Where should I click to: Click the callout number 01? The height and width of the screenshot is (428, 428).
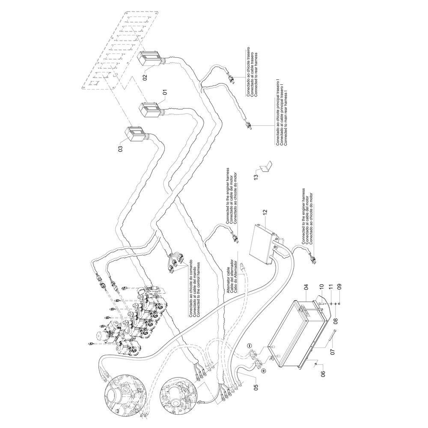point(165,92)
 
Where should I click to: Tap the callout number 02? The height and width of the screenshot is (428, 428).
point(145,77)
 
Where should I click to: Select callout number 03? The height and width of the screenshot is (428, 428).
point(120,149)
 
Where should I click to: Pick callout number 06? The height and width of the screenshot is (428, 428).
point(324,374)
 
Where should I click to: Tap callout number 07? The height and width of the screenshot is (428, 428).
point(332,352)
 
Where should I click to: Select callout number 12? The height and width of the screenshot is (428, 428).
point(265,212)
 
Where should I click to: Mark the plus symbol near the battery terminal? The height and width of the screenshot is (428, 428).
point(264,371)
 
